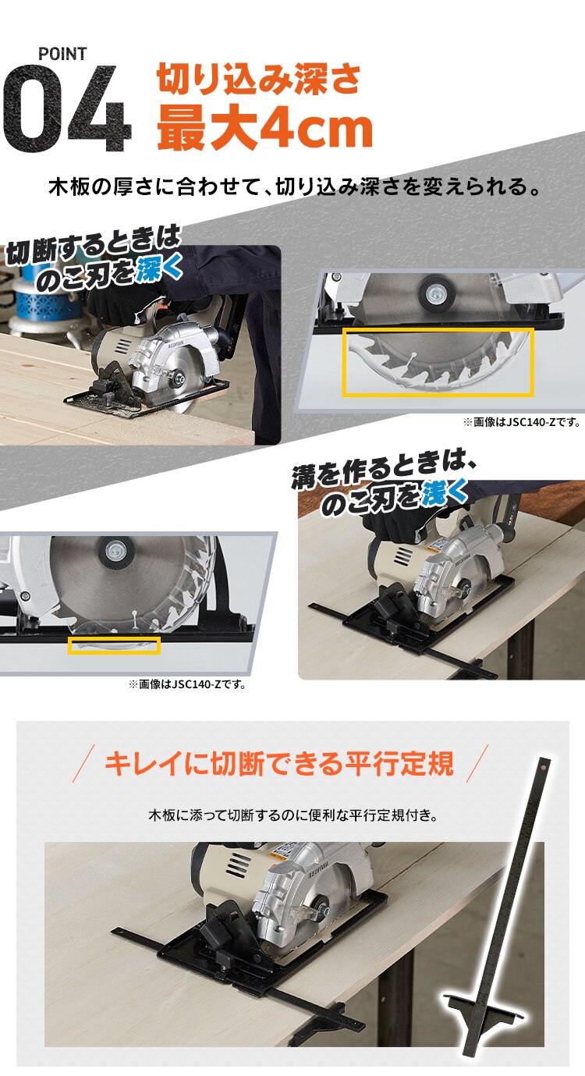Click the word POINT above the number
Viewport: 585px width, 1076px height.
[x=63, y=54]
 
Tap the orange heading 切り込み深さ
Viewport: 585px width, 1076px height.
[x=260, y=79]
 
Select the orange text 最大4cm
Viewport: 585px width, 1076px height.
[x=264, y=128]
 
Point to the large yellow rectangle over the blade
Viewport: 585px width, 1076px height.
[x=438, y=361]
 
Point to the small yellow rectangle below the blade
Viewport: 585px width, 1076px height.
[x=114, y=645]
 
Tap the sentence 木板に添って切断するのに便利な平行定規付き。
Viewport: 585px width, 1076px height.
[x=292, y=816]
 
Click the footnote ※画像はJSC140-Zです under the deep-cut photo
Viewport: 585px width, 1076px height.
[x=522, y=422]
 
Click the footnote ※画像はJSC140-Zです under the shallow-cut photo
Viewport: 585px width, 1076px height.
[x=187, y=685]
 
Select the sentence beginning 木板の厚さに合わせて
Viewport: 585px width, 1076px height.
[x=294, y=188]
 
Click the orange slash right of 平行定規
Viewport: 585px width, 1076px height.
[x=476, y=764]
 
